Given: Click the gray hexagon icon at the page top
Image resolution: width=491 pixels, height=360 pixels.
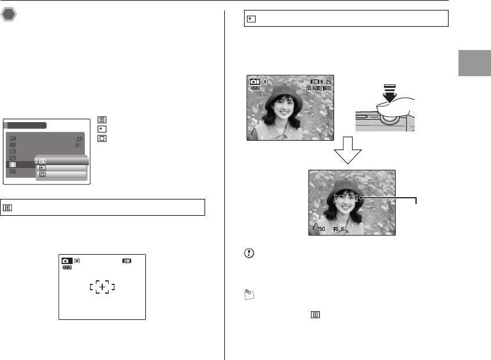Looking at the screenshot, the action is point(9,14).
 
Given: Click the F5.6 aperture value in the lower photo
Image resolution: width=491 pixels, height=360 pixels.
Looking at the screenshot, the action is point(339,229).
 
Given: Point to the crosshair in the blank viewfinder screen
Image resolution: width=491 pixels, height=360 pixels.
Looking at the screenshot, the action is point(101,286).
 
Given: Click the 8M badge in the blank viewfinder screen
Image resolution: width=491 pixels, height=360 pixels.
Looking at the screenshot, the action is point(127,261).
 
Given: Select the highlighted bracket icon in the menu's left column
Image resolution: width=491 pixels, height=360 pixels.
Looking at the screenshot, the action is point(13,165).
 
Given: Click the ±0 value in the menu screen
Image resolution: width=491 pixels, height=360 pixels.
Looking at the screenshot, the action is point(78,137).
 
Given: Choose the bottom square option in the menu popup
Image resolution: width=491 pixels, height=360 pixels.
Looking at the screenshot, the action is point(42,174).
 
